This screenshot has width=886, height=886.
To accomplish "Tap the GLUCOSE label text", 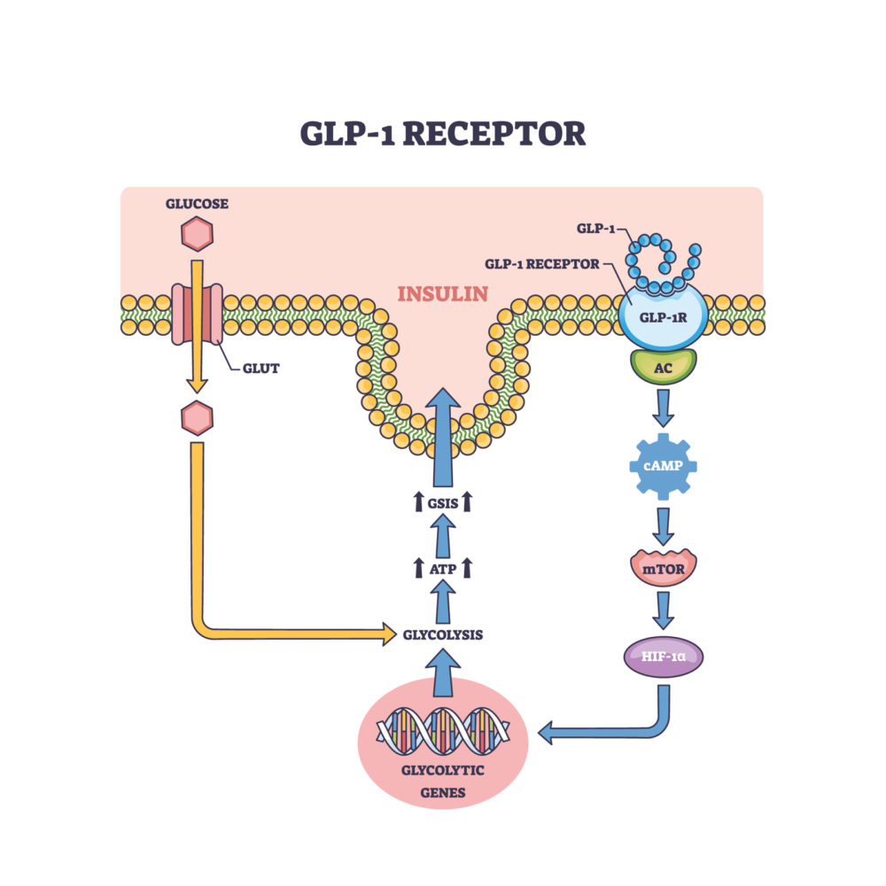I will tap(197, 204).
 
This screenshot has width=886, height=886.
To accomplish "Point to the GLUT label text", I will tap(260, 368).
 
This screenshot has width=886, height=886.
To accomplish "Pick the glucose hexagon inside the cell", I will tap(197, 416).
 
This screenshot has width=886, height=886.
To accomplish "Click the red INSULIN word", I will tap(443, 293).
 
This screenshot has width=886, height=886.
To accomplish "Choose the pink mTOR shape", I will tap(664, 566).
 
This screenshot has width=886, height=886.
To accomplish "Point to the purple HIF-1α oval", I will tap(664, 658).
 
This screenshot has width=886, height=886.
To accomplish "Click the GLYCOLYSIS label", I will tap(443, 633).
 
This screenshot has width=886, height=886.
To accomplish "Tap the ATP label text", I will tap(443, 570).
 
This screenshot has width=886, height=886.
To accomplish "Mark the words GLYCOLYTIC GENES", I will tap(443, 781).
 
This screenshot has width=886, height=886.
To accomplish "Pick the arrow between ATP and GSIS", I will tap(443, 536).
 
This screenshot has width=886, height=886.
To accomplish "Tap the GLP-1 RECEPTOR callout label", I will tap(541, 263).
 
